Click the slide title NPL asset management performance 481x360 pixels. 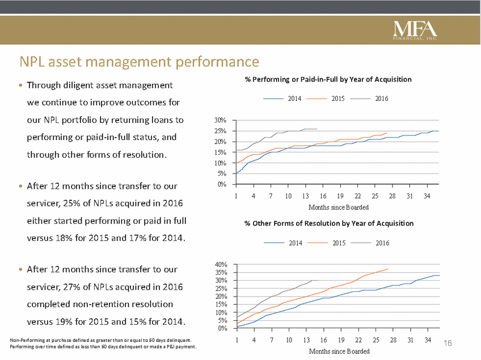point(140,61)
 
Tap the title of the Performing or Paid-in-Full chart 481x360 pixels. point(328,80)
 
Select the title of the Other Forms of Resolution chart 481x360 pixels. point(329,223)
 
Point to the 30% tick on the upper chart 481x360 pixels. point(221,120)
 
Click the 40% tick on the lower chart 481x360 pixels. point(221,264)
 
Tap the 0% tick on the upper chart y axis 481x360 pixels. point(222,184)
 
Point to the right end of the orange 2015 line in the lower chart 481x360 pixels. point(388,269)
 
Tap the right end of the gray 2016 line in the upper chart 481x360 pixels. point(318,129)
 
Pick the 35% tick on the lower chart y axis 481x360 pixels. point(221,272)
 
